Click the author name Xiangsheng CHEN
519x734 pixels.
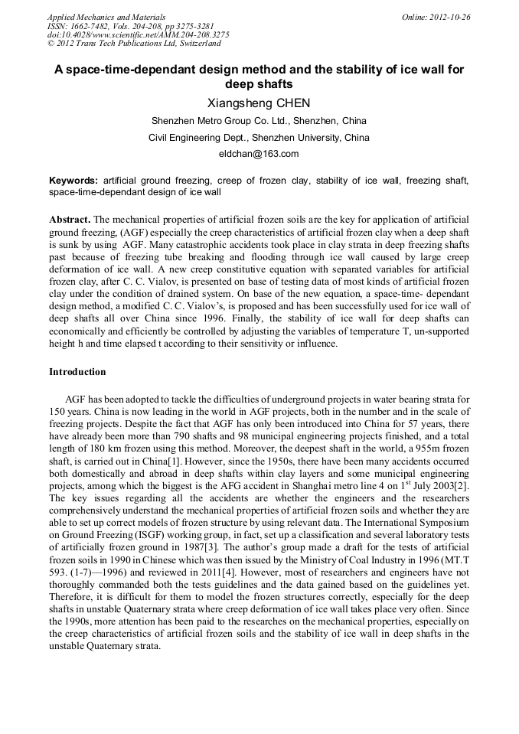click(259, 103)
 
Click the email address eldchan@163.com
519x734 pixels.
click(259, 154)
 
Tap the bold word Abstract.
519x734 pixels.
click(70, 219)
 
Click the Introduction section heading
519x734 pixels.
click(77, 372)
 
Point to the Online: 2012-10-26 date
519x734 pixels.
click(436, 17)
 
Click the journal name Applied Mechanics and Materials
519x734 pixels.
click(106, 17)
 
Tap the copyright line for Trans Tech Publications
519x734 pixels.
click(134, 44)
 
